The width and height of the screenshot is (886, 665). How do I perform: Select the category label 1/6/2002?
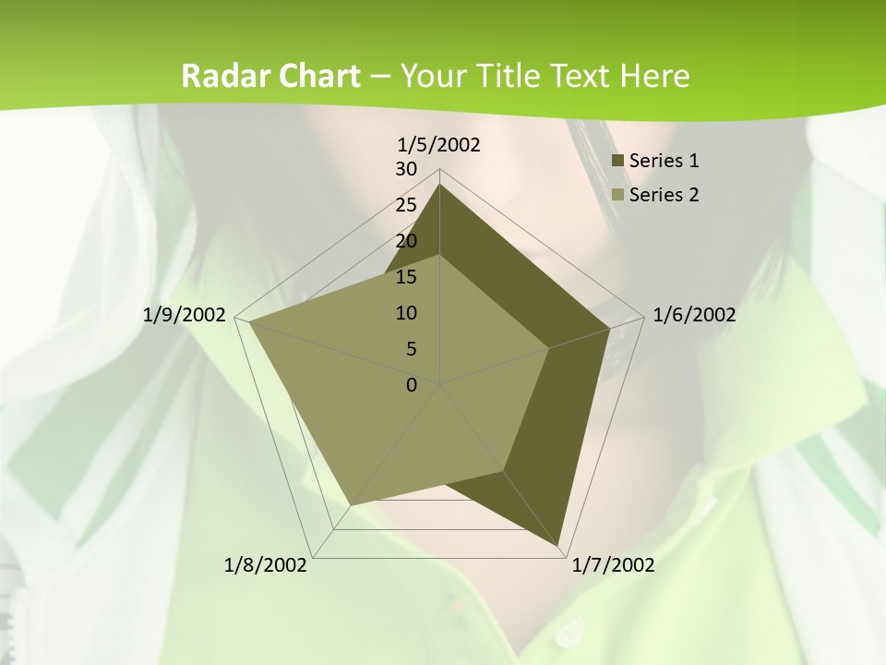pos(694,315)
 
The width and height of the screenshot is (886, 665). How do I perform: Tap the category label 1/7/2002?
pos(613,565)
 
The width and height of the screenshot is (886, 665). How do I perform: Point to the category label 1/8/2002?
pos(266,565)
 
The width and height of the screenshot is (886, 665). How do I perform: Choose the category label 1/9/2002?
pos(185,315)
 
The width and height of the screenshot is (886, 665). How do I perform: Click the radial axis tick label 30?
pos(406,169)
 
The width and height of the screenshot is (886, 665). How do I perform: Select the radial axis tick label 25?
pos(406,205)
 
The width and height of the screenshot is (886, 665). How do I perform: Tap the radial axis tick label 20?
pos(406,241)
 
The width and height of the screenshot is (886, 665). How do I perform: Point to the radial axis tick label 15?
pos(406,277)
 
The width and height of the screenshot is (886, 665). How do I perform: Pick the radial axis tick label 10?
pos(406,313)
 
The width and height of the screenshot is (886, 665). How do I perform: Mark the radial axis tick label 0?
pos(412,385)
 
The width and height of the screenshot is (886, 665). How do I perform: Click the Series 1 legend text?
pos(664,161)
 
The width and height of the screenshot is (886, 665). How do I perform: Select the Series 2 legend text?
pos(664,195)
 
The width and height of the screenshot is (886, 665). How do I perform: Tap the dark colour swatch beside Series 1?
pos(618,162)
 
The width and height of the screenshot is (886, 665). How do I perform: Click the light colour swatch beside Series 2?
pos(618,196)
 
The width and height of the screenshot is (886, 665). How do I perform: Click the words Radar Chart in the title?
pos(270,77)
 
